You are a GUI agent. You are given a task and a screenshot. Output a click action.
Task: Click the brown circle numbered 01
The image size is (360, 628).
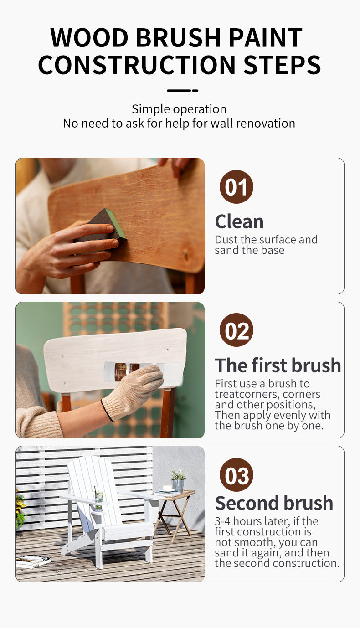237,186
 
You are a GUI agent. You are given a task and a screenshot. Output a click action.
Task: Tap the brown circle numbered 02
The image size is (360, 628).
237,330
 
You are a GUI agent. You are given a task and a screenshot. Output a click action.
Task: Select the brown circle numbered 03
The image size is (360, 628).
237,474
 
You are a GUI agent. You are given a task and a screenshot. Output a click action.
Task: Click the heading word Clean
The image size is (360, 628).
239,221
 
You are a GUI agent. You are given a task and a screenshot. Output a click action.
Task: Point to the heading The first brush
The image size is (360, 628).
278,365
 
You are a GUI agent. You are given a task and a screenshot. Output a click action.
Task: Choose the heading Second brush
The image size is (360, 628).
274,503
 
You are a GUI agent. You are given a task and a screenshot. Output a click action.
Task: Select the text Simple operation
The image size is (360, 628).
179,109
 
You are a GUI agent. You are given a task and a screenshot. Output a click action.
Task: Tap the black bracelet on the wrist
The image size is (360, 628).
107,410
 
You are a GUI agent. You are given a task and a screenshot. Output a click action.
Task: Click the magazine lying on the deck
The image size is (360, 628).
32,561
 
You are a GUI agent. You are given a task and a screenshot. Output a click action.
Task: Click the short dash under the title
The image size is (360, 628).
182,90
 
